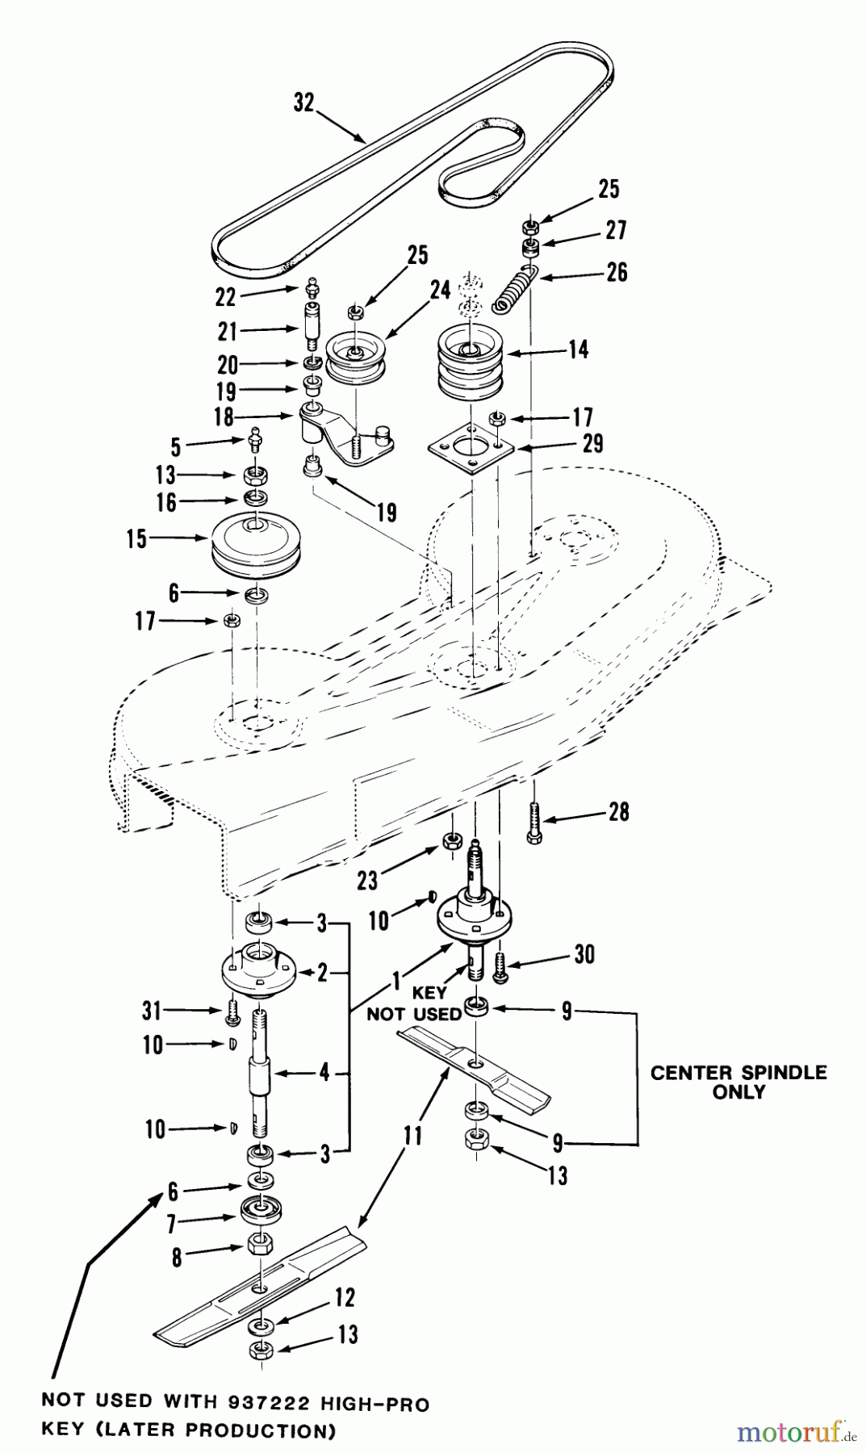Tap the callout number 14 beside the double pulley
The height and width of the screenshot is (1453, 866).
tap(578, 350)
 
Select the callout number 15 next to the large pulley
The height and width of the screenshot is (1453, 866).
tap(136, 538)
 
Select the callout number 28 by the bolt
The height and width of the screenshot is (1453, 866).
tap(618, 811)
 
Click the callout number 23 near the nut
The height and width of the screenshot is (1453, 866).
tap(367, 880)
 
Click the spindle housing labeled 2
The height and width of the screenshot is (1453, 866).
tap(258, 973)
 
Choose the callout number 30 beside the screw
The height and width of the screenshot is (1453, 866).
tap(584, 954)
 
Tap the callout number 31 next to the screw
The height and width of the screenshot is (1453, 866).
tap(151, 1010)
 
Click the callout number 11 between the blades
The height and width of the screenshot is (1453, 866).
tap(412, 1137)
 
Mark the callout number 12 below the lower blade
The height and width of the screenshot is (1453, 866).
tap(344, 1298)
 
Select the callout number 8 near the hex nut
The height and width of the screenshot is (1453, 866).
tap(177, 1257)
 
